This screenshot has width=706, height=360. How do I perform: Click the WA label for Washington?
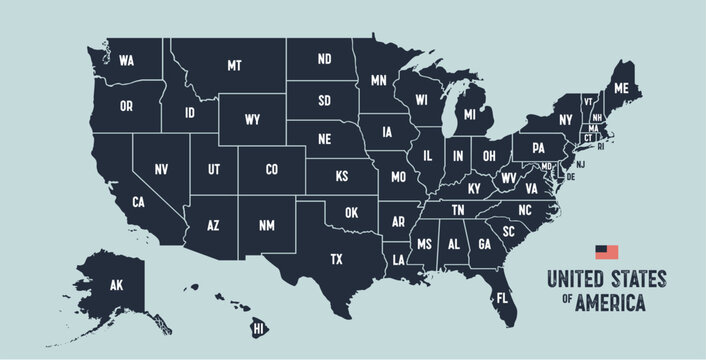(x=126, y=61)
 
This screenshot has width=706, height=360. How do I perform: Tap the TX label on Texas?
(x=337, y=259)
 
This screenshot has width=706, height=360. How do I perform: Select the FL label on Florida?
(x=502, y=297)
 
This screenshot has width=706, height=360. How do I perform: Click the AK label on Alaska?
(x=116, y=285)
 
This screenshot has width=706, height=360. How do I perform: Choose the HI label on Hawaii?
(x=258, y=328)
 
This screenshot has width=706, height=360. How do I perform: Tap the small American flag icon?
(x=607, y=252)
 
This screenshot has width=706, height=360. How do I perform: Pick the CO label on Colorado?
(x=271, y=170)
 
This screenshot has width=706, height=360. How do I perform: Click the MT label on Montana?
(x=234, y=66)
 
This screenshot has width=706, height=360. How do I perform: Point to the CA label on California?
(x=139, y=203)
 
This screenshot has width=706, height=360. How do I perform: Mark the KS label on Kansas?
(x=341, y=176)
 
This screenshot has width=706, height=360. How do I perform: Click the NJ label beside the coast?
(x=581, y=163)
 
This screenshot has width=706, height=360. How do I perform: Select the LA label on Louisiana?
(x=399, y=260)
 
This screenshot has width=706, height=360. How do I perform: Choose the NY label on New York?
(x=565, y=120)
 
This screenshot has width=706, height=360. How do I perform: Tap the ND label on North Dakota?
(x=324, y=59)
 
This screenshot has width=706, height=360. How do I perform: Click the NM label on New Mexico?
(x=267, y=227)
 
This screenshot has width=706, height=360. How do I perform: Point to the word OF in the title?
(x=565, y=298)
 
